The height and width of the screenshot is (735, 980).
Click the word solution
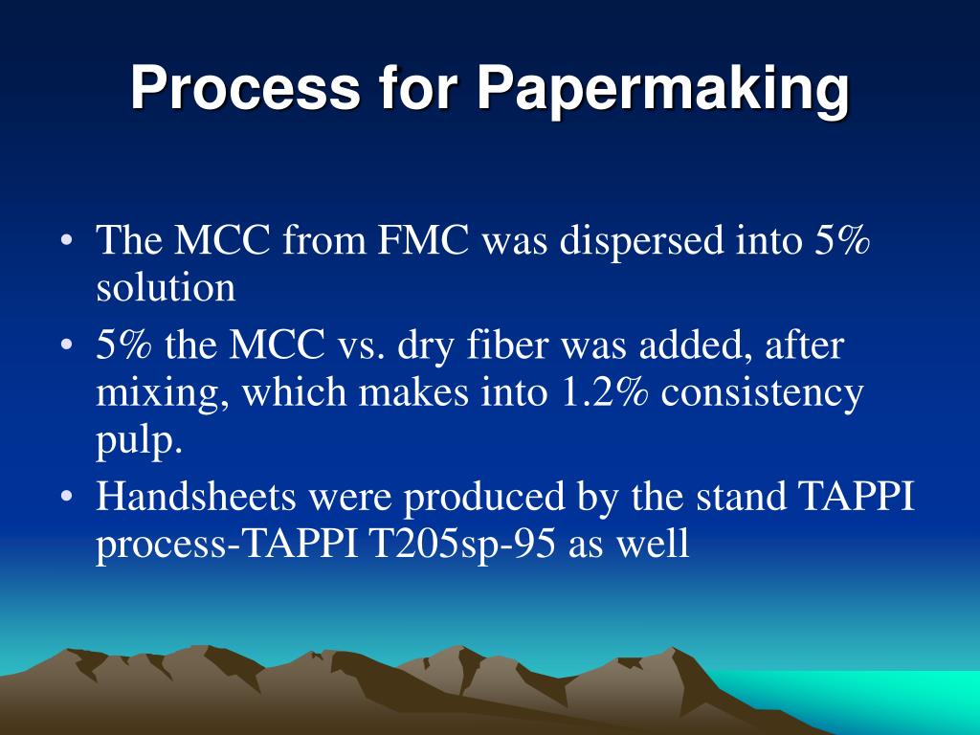tap(165, 286)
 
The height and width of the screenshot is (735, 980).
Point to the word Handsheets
tap(190, 499)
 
